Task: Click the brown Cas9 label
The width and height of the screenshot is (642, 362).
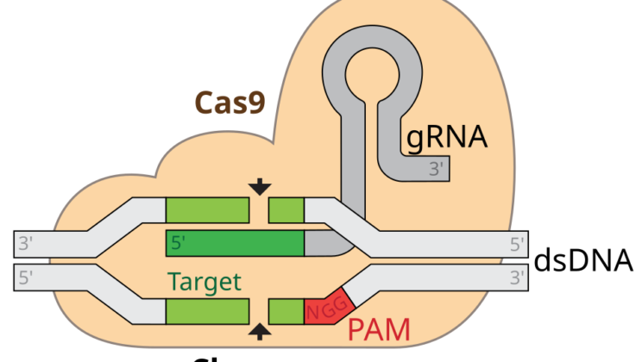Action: (x=228, y=102)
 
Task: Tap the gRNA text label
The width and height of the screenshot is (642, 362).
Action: (x=446, y=137)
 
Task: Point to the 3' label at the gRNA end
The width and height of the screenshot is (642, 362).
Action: (x=438, y=170)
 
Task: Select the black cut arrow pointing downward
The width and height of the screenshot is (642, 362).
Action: (x=259, y=186)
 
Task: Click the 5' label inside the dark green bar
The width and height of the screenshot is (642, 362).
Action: (x=179, y=244)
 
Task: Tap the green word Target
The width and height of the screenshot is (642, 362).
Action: (x=204, y=282)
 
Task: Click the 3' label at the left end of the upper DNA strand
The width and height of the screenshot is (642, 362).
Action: (x=25, y=244)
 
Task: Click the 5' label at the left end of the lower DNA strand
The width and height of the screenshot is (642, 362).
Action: (x=25, y=278)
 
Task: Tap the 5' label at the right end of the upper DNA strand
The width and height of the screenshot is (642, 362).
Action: (x=517, y=244)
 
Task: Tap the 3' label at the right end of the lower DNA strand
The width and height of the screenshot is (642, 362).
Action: (x=517, y=278)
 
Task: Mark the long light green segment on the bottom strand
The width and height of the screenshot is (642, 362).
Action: (x=207, y=311)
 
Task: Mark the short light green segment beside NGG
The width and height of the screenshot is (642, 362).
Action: (x=286, y=311)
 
